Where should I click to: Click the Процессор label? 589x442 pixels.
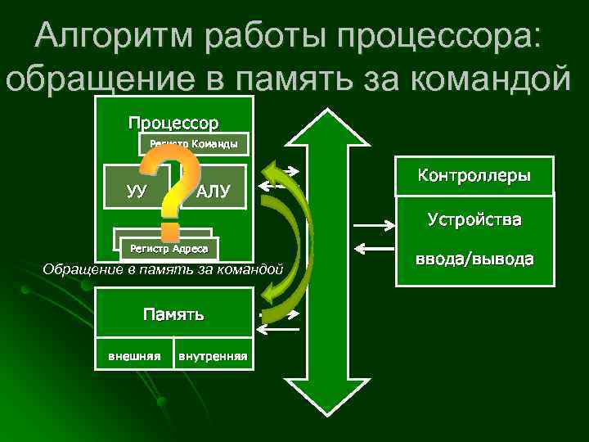pos(173,124)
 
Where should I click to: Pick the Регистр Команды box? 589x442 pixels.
pos(193,144)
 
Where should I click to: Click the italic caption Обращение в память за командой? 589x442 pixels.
pos(163,268)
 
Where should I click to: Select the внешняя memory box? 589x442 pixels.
pos(134,355)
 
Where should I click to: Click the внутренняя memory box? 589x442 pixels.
pos(213,355)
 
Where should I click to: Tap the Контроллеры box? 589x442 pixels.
pos(474,176)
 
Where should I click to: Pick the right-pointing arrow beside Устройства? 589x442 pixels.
pos(372,223)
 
